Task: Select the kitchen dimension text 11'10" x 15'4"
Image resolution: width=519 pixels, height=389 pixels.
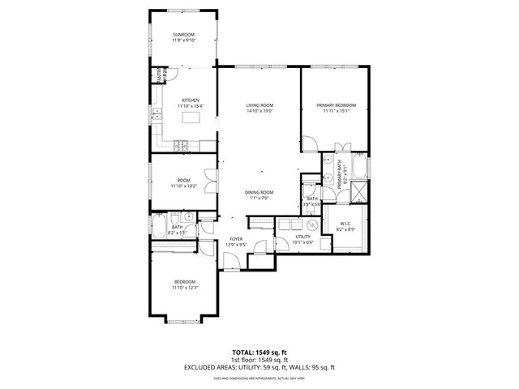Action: coord(191,106)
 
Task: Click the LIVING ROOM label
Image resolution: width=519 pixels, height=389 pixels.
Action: coord(259,105)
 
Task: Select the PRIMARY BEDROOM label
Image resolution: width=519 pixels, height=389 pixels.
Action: coord(335,105)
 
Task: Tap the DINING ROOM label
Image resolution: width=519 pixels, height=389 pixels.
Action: coord(259,192)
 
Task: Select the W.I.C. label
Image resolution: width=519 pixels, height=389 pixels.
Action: coord(345,224)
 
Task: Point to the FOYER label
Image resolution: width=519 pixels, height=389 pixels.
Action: coord(236,239)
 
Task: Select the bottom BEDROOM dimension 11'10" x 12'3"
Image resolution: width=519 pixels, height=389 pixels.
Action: coord(185,288)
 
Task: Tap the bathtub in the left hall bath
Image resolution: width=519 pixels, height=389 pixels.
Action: coord(159,225)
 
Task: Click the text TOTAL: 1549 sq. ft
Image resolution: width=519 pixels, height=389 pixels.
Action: coord(259,353)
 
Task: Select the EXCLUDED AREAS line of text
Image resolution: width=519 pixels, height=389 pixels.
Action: coord(259,367)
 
